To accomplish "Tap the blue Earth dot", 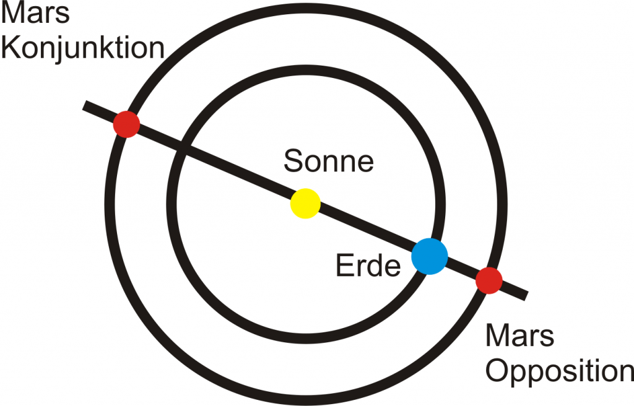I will [430, 256].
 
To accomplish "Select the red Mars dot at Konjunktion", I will [126, 124].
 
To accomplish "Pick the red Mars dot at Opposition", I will [489, 280].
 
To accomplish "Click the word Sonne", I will [329, 162].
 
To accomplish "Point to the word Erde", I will [368, 267].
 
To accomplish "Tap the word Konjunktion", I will [83, 48].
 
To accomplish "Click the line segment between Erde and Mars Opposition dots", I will [462, 269].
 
